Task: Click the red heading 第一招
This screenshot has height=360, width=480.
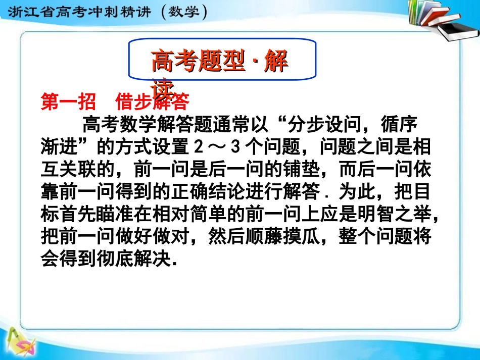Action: [68, 102]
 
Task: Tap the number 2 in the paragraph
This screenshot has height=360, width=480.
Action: [199, 147]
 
